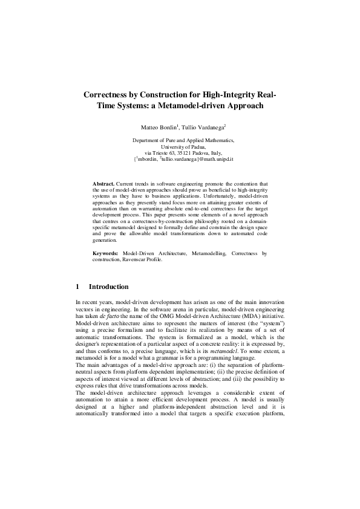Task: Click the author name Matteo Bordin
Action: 158,128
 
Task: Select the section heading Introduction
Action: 108,287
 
